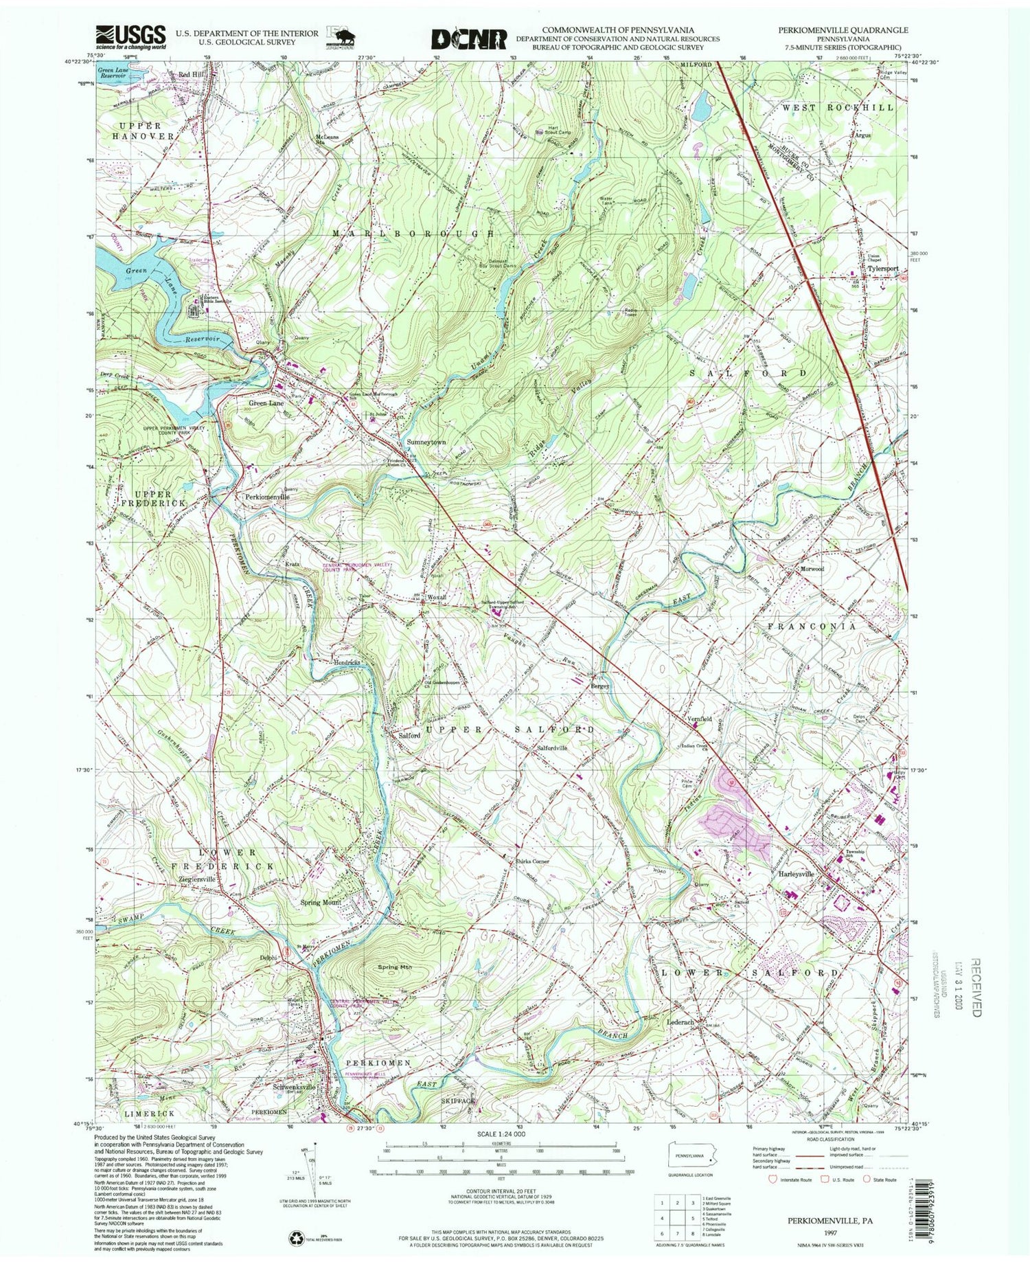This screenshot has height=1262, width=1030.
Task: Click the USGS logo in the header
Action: [x=132, y=36]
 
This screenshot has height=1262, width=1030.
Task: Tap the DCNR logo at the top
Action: [x=469, y=38]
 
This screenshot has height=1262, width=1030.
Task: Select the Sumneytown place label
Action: [x=426, y=442]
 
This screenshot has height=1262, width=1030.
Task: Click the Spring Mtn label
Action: [x=394, y=967]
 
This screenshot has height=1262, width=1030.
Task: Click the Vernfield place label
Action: [x=698, y=719]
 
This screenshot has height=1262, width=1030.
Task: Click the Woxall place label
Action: [x=437, y=597]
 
